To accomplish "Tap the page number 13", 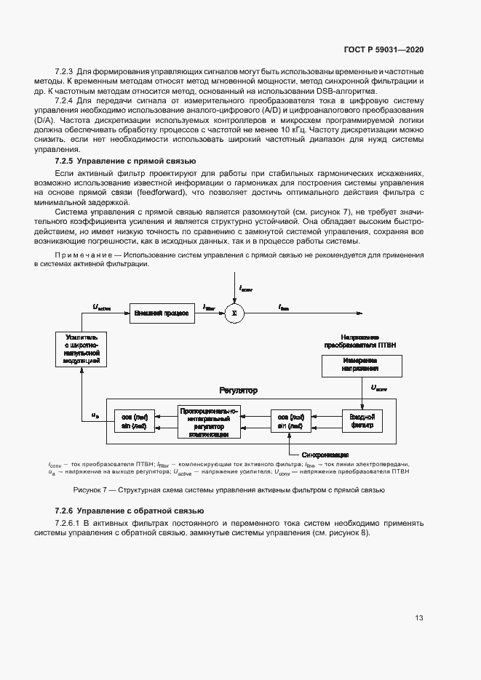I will pyautogui.click(x=419, y=618).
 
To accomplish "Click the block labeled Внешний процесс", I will pyautogui.click(x=161, y=313).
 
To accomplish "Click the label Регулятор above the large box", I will pyautogui.click(x=238, y=391).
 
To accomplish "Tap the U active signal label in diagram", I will pyautogui.click(x=103, y=306).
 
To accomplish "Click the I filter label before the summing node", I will pyautogui.click(x=210, y=306).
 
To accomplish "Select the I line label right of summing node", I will pyautogui.click(x=284, y=307).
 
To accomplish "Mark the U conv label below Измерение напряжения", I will pyautogui.click(x=379, y=388).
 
